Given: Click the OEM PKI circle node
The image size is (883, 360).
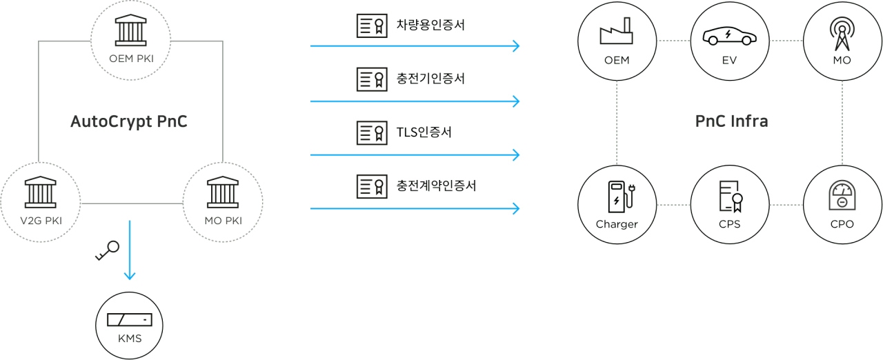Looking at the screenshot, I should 131,41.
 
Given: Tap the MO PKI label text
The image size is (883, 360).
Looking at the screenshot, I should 223,221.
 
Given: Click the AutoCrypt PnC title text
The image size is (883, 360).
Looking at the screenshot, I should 129,122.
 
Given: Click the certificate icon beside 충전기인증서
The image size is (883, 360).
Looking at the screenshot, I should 370,79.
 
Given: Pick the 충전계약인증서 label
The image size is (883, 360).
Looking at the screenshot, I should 436,185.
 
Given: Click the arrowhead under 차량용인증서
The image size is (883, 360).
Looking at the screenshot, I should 514,47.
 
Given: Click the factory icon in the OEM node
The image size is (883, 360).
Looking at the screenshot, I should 616,34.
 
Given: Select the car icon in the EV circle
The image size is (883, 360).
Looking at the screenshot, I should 729,36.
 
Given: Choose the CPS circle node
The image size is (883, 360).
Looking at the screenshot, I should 729,205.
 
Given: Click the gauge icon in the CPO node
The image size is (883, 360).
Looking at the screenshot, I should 842,196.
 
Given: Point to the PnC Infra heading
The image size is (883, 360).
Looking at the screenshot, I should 731,122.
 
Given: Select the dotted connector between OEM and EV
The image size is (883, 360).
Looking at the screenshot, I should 673,41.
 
